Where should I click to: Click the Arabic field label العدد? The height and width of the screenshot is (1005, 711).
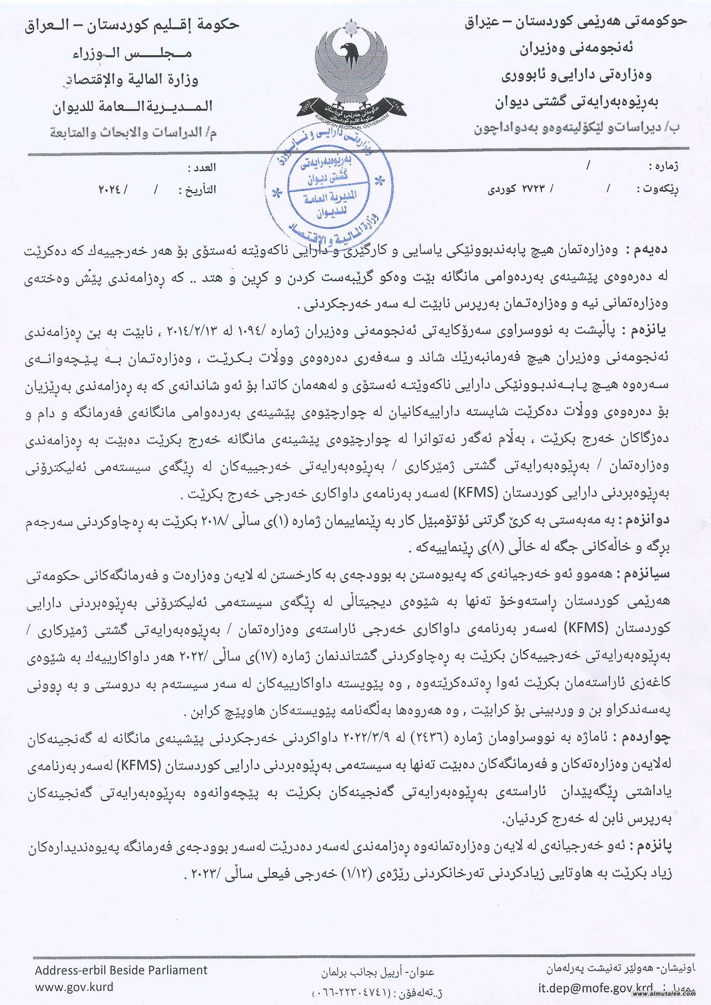[x=202, y=168]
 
